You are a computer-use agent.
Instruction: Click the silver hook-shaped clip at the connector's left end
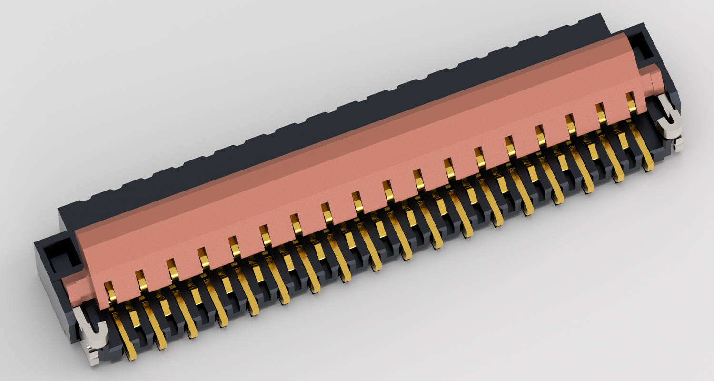point(92,329)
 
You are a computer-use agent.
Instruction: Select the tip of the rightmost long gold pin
point(648,166)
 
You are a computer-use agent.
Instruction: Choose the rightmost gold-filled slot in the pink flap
point(631,102)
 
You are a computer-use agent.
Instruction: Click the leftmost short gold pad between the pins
point(135,319)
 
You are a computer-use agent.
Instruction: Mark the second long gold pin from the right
point(618,177)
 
